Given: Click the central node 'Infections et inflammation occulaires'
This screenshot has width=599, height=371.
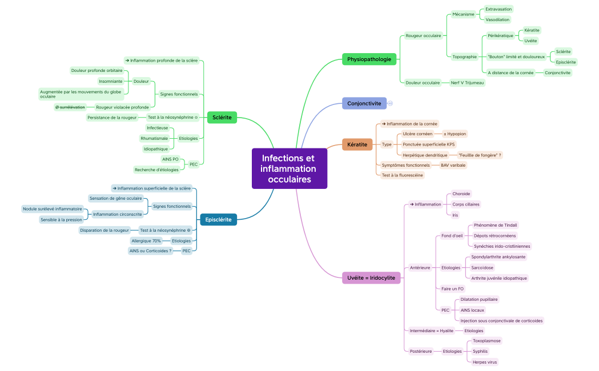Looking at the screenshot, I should click(290, 168).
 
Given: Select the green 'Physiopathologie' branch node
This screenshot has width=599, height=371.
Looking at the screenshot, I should click(369, 59).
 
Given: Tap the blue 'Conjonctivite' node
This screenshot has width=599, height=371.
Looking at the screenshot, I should click(364, 103).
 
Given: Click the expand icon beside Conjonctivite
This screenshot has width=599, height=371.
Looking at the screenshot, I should click(391, 103).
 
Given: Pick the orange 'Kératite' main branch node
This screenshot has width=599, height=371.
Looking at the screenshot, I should click(357, 144).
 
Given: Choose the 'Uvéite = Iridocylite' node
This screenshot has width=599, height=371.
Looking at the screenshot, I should click(371, 278).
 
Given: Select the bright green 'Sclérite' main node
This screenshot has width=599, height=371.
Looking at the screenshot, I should click(222, 117).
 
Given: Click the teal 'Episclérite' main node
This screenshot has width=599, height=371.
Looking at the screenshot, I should click(218, 219).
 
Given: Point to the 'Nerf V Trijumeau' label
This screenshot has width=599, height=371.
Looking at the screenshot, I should click(468, 83).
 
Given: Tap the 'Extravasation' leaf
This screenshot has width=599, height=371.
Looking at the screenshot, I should click(498, 9).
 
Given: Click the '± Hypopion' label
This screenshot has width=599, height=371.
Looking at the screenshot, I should click(455, 134).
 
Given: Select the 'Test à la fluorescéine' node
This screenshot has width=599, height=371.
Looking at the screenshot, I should click(402, 175).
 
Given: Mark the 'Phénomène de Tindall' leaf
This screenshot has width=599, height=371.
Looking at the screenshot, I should click(495, 225).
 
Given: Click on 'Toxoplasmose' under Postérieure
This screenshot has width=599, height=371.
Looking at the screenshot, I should click(487, 341).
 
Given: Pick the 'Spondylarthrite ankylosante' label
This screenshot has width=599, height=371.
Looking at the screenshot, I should click(498, 257).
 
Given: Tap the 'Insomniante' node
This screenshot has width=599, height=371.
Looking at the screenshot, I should click(110, 81).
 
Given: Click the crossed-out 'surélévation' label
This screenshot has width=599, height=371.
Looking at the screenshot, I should click(70, 107).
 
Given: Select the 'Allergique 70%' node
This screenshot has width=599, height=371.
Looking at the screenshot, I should click(146, 241).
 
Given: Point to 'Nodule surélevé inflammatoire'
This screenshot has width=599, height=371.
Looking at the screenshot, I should click(53, 209).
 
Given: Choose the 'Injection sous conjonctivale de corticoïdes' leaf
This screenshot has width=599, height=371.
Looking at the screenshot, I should click(501, 321).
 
